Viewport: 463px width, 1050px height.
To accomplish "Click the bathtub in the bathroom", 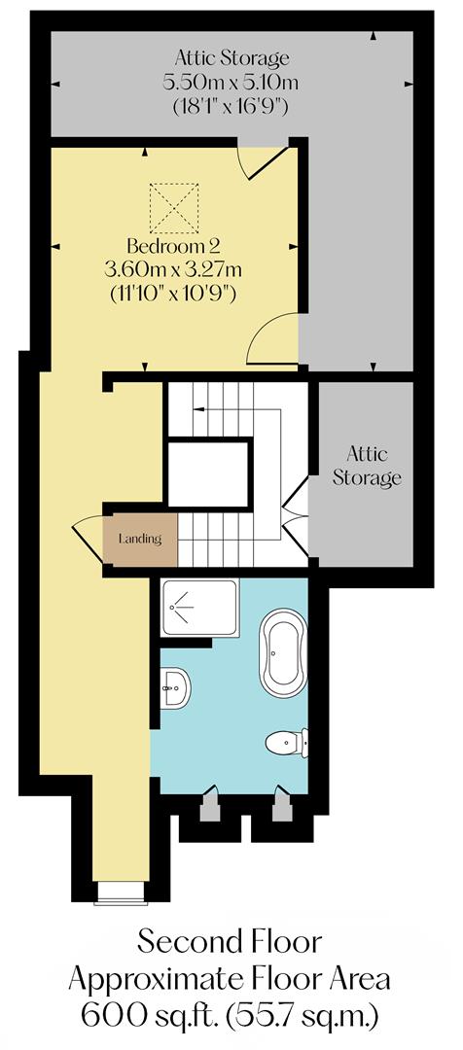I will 283,658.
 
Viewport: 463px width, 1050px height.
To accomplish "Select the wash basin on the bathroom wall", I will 175,688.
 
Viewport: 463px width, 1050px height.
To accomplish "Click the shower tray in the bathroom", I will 199,608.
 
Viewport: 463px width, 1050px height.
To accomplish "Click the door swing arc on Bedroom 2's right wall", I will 272,340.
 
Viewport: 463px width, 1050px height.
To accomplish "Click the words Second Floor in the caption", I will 230,943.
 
